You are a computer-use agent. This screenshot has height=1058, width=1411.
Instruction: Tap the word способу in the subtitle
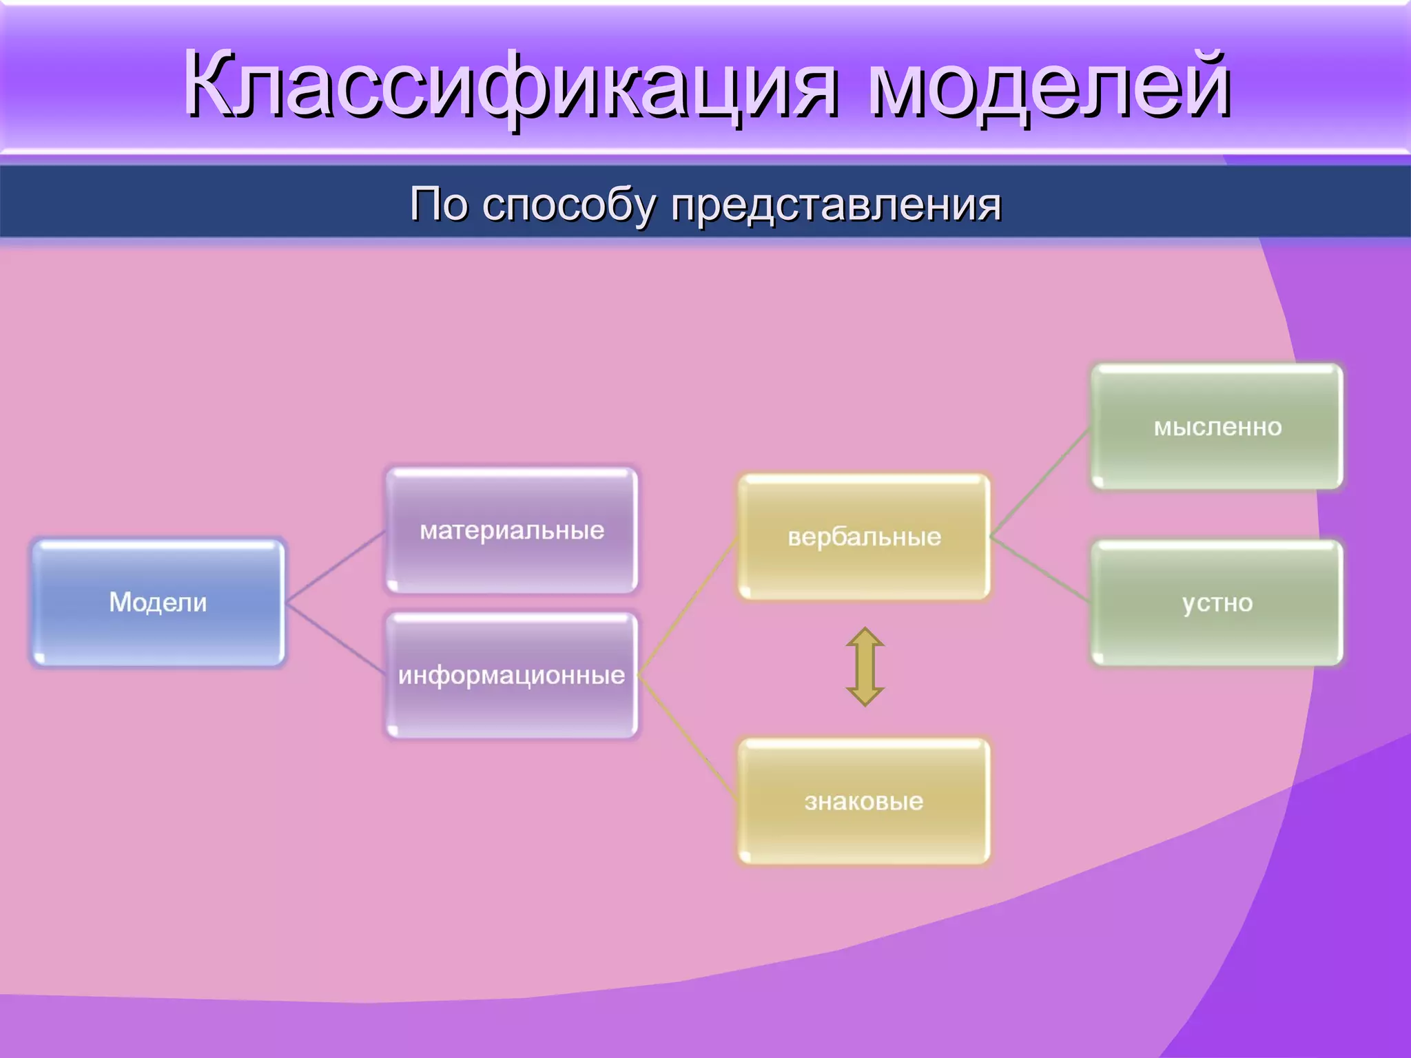coord(569,205)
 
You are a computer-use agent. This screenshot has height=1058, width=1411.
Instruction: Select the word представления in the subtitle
coord(836,205)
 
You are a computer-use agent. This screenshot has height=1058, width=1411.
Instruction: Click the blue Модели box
coord(158,602)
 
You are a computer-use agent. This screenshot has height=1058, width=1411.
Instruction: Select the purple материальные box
coord(511,530)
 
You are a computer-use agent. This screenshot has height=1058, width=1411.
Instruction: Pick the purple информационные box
coord(511,675)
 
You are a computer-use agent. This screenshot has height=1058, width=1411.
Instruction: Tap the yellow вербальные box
coord(864,536)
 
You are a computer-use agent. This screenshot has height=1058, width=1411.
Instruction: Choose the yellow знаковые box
coord(864,801)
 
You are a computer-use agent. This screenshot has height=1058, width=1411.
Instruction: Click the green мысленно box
coord(1217,426)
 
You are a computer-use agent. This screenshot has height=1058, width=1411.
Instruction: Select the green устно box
coord(1217,603)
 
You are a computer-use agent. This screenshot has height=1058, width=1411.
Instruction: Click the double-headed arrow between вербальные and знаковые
coord(865,667)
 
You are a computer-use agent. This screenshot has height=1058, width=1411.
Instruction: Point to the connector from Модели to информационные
coord(336,639)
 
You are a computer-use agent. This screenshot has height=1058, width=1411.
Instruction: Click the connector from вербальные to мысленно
coord(1040,481)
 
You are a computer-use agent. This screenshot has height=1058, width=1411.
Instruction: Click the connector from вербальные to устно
coord(1040,570)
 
